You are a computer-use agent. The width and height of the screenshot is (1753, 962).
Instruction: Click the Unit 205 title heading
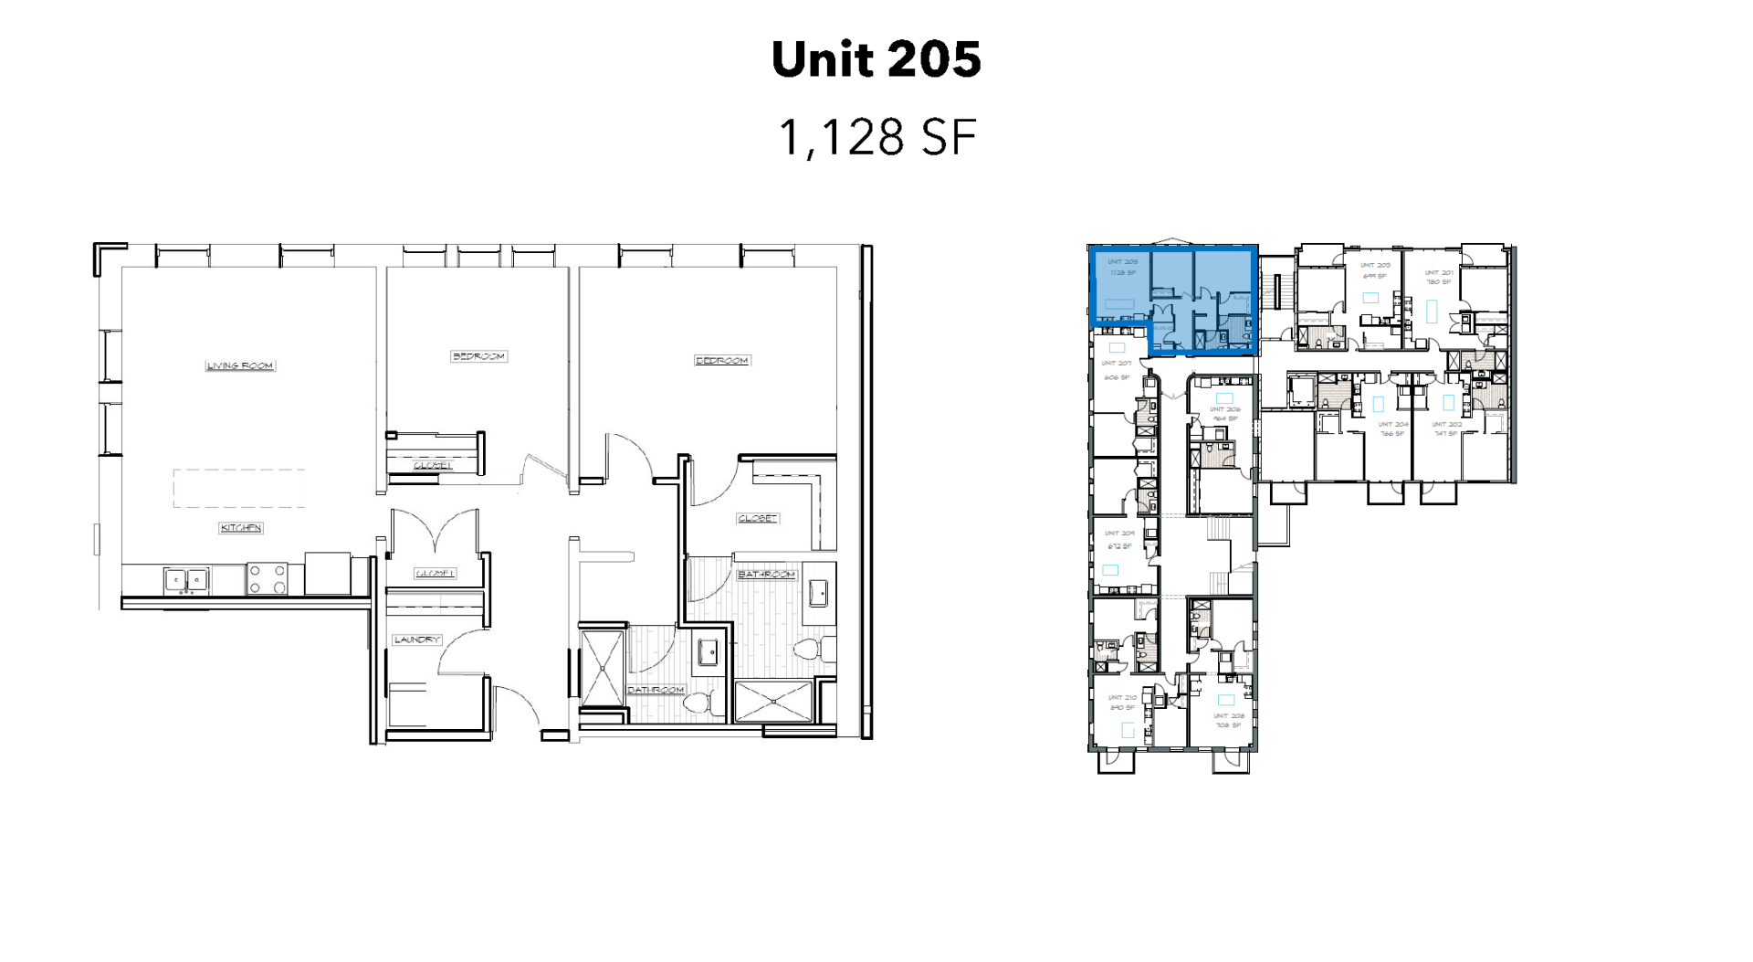pos(876,60)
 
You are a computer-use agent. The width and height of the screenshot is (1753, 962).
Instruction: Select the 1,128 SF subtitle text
pos(876,138)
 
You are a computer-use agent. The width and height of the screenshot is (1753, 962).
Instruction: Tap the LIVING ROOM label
pos(240,365)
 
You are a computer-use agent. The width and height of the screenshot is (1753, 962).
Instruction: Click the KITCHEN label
pos(241,528)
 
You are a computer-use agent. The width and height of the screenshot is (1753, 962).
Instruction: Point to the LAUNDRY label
pos(417,640)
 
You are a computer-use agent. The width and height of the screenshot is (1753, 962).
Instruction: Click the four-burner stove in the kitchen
pos(268,579)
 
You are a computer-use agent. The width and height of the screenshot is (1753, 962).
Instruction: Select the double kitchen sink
pos(187,579)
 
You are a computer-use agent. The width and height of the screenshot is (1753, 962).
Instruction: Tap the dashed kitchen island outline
pos(239,488)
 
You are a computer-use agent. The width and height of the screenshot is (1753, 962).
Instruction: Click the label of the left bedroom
pos(478,356)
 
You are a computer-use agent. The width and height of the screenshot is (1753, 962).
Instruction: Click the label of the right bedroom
pos(722,361)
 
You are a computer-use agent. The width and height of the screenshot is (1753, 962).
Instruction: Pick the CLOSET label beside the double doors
pos(436,574)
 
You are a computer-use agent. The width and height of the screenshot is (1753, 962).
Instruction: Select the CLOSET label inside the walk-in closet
pos(757,518)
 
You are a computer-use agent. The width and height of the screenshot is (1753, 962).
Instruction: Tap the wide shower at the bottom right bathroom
pos(772,702)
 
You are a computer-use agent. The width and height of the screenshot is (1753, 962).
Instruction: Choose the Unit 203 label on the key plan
pos(1374,265)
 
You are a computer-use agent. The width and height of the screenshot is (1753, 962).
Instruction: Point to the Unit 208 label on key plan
pos(1228,716)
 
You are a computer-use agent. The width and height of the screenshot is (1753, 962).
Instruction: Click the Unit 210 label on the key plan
pos(1122,698)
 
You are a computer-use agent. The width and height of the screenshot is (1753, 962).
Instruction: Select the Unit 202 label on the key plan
pos(1445,424)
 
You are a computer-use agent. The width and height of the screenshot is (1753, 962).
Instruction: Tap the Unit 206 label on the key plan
pos(1224,409)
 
